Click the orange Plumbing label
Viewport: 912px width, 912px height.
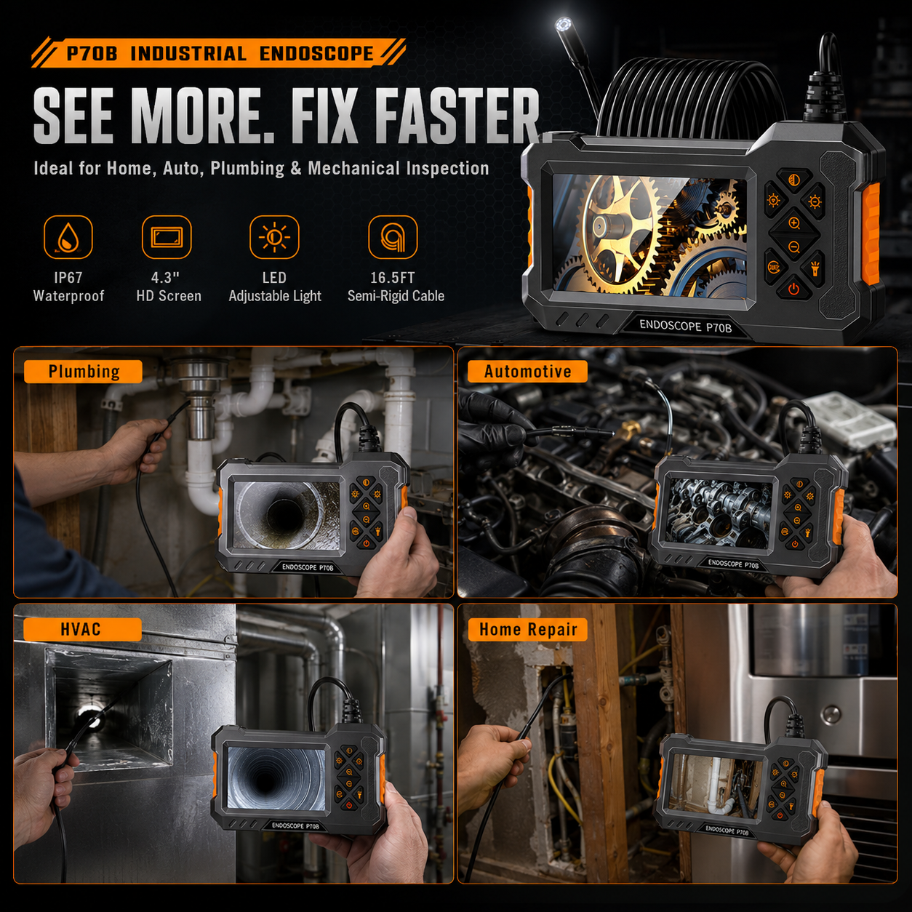click(x=83, y=372)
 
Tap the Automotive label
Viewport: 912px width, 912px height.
click(x=527, y=372)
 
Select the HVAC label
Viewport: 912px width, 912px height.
click(x=82, y=630)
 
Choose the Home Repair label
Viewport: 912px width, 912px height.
click(x=528, y=630)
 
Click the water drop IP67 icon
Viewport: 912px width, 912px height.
click(x=68, y=237)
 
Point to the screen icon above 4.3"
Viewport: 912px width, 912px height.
click(x=167, y=237)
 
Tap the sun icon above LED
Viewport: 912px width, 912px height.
click(x=274, y=237)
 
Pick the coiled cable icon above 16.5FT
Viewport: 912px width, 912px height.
click(x=393, y=237)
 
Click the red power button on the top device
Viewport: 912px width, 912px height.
click(x=793, y=289)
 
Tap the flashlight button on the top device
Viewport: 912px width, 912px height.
click(x=815, y=268)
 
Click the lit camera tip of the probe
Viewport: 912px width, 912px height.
click(x=563, y=25)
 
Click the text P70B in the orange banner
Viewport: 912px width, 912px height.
click(x=92, y=54)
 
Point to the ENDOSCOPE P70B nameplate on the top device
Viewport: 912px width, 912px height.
click(x=685, y=326)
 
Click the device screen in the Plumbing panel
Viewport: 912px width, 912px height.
click(x=287, y=515)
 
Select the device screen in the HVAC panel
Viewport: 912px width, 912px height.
click(x=277, y=778)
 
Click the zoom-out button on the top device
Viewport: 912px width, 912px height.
click(x=793, y=247)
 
